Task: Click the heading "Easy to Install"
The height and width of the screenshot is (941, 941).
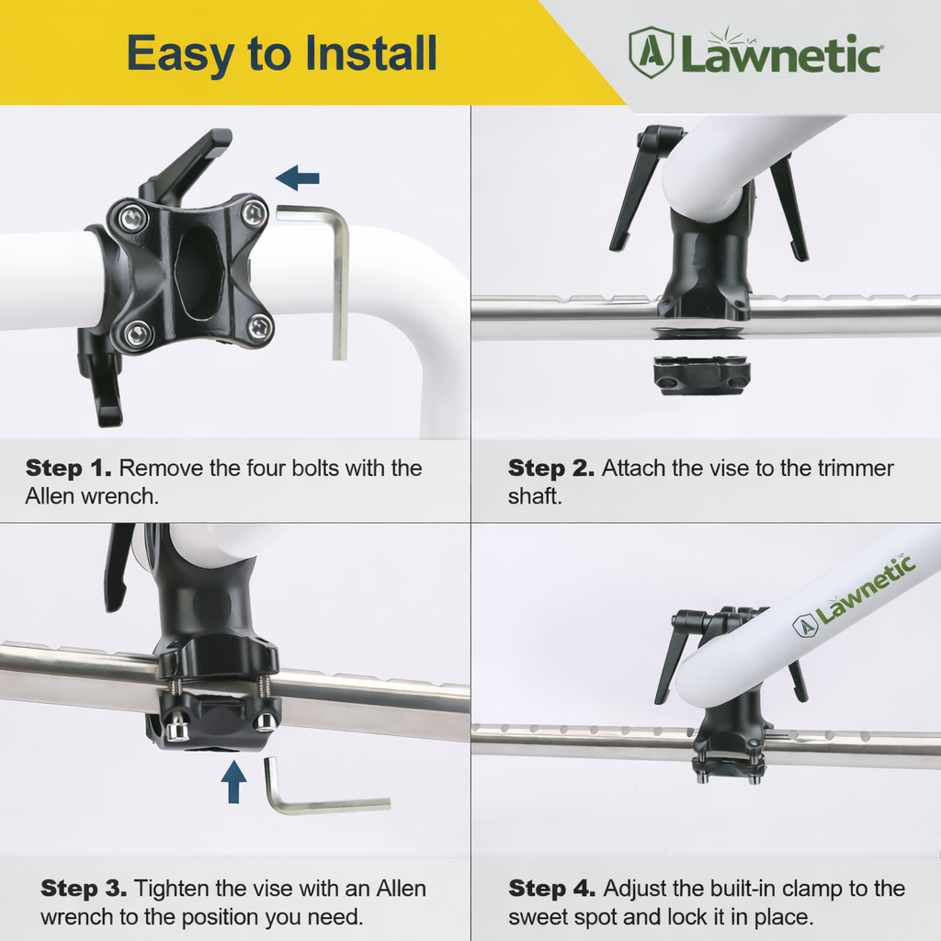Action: coord(281,53)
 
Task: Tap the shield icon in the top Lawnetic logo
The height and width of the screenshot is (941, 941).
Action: coord(651,51)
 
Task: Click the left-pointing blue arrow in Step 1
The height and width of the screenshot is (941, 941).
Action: coord(297,177)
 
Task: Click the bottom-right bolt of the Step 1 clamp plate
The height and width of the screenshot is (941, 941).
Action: coord(260,325)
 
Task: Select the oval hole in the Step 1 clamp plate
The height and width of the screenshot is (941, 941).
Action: coord(198,262)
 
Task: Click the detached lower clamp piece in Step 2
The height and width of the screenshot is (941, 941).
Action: coord(702,375)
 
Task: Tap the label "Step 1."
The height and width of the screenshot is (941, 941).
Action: coord(69,468)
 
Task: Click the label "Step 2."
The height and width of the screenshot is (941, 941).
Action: coord(550,468)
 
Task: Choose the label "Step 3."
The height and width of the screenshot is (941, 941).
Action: coord(84,889)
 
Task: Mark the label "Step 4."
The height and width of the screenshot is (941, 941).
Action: coord(551,889)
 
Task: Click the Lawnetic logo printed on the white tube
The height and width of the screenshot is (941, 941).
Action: coord(855,597)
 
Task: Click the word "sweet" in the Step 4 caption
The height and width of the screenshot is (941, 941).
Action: coord(536,916)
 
